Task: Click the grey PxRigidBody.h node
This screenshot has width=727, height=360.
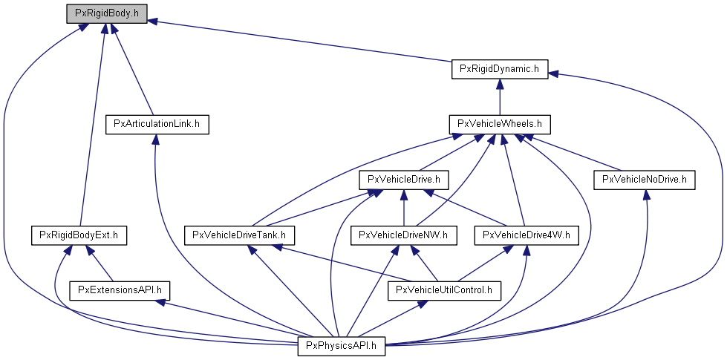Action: point(107,13)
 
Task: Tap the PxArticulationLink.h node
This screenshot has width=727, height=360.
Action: point(157,124)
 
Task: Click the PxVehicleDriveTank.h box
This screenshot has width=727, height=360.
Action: point(239,235)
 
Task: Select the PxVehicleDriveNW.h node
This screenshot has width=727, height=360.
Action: point(404,235)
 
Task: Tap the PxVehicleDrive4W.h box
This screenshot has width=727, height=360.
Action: point(526,235)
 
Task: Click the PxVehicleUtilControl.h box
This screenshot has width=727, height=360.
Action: point(444,290)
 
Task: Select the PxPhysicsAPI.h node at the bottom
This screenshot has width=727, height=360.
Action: point(342,346)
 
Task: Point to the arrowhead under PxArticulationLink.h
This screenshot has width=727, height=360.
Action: point(154,139)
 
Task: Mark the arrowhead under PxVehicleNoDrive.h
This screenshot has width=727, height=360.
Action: point(647,194)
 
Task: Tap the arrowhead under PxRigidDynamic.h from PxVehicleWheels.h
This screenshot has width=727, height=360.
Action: point(500,83)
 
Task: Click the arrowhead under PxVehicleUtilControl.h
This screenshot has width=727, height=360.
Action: point(422,304)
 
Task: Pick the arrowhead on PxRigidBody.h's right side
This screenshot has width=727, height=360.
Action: point(153,22)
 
